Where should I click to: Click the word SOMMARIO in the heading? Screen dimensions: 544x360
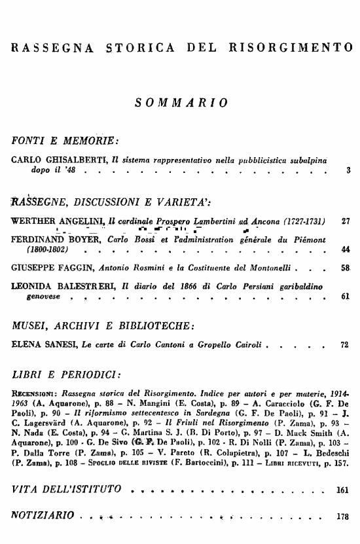[x=180, y=102]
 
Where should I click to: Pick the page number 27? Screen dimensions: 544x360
[x=346, y=221]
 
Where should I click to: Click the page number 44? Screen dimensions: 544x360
[x=346, y=249]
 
